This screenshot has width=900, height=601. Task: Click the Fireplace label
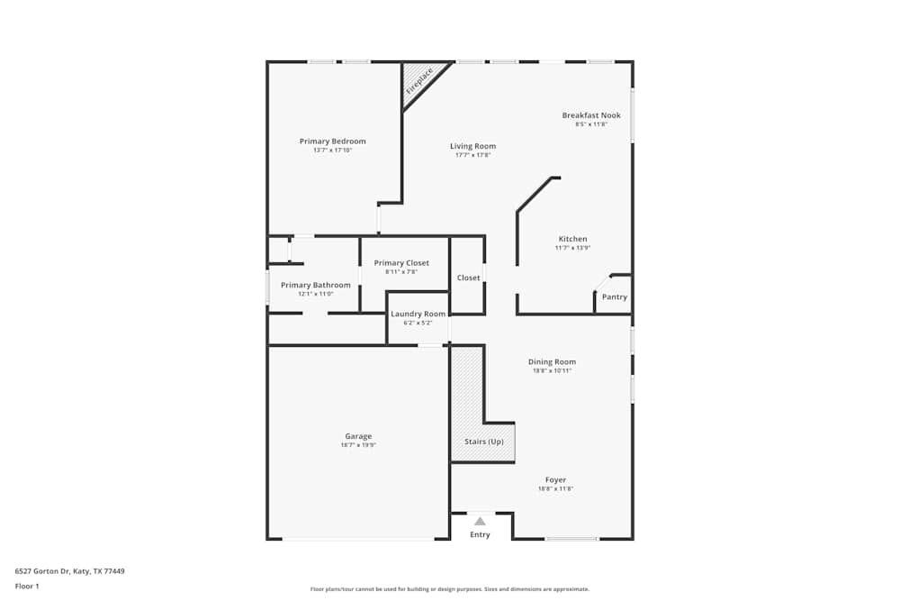pyautogui.click(x=419, y=80)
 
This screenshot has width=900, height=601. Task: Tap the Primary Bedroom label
pyautogui.click(x=333, y=141)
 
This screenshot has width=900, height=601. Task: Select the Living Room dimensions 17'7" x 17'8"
pyautogui.click(x=472, y=155)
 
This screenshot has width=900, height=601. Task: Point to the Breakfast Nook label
pyautogui.click(x=591, y=115)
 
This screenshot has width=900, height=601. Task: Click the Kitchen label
pyautogui.click(x=572, y=239)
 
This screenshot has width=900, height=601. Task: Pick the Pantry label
pyautogui.click(x=615, y=297)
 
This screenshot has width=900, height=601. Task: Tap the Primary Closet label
pyautogui.click(x=401, y=263)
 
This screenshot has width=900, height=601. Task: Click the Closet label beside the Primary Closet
pyautogui.click(x=468, y=278)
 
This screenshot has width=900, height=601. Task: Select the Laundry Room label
pyautogui.click(x=418, y=314)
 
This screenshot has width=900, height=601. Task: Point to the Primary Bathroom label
pyautogui.click(x=315, y=285)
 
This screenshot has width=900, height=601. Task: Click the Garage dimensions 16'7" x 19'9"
pyautogui.click(x=357, y=445)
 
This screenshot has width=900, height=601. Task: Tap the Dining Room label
pyautogui.click(x=552, y=361)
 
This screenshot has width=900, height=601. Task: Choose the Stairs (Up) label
pyautogui.click(x=483, y=442)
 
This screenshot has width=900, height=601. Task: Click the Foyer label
pyautogui.click(x=555, y=479)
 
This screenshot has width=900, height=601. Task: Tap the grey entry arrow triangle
pyautogui.click(x=480, y=521)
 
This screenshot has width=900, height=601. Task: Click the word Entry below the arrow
pyautogui.click(x=480, y=535)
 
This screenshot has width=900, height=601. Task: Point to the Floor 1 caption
pyautogui.click(x=27, y=586)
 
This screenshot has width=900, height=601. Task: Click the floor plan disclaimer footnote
pyautogui.click(x=449, y=589)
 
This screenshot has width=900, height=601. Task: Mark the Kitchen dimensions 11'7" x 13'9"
pyautogui.click(x=572, y=248)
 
